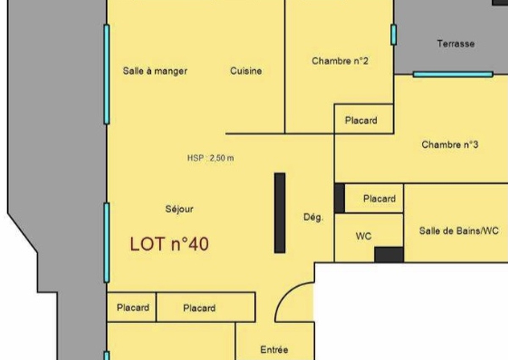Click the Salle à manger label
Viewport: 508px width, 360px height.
click(x=155, y=71)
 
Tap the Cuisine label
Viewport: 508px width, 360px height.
click(x=246, y=71)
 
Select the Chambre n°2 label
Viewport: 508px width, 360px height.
click(x=340, y=61)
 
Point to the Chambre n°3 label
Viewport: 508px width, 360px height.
click(x=450, y=145)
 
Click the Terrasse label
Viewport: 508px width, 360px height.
click(x=456, y=44)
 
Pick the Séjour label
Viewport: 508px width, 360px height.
click(x=179, y=209)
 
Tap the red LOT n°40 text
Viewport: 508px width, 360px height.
click(x=169, y=244)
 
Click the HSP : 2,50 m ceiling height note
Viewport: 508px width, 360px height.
click(x=210, y=158)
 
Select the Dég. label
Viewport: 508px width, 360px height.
click(x=313, y=218)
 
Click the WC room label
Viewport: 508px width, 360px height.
click(x=364, y=236)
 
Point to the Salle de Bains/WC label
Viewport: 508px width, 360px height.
click(x=459, y=231)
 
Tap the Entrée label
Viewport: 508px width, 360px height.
click(x=274, y=349)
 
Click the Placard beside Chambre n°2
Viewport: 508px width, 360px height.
click(x=361, y=120)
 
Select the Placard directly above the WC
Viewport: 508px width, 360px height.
click(x=379, y=199)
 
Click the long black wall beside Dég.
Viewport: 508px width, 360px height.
click(x=280, y=213)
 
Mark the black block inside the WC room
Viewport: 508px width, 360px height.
click(x=389, y=255)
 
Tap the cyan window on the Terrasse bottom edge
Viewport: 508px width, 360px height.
click(x=453, y=75)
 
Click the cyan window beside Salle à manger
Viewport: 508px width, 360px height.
click(x=107, y=75)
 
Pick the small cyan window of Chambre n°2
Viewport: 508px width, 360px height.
click(x=394, y=35)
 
